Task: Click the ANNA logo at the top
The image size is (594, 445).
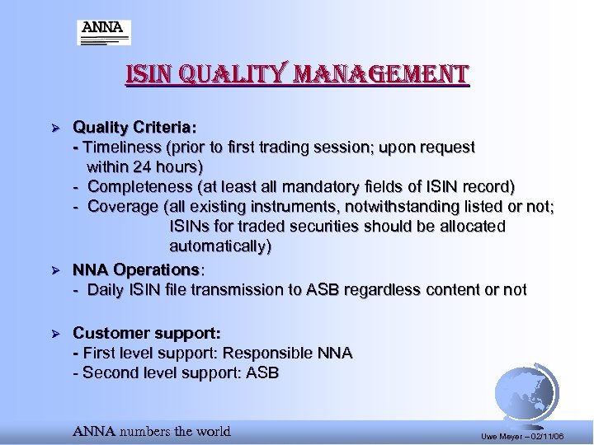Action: tap(104, 32)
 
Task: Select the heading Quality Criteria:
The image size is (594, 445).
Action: tap(134, 128)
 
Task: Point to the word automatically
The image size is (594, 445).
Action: tap(218, 246)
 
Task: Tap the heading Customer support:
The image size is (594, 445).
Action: tap(147, 333)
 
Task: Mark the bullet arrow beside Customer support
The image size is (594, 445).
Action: tap(57, 334)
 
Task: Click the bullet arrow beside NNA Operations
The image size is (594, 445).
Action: tap(57, 270)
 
